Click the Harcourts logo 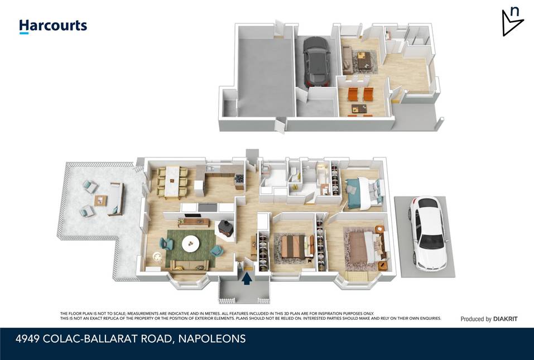[x=53, y=26]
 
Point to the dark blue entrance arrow [x=246, y=277]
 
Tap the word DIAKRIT [x=505, y=319]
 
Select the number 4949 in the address [x=28, y=339]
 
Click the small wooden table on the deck [x=101, y=199]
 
